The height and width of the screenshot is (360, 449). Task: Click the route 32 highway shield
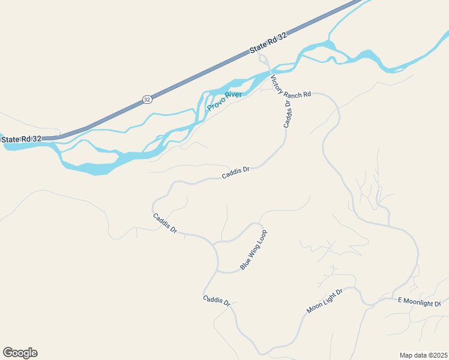[147, 100]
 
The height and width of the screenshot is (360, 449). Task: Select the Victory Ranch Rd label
[291, 87]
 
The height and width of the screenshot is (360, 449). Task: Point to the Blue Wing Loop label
[253, 250]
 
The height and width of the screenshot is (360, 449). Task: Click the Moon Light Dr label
[324, 301]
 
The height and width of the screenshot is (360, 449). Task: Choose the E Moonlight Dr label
[419, 302]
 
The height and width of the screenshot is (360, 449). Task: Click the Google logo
[20, 352]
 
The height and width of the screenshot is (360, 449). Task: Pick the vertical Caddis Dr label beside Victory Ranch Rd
[288, 113]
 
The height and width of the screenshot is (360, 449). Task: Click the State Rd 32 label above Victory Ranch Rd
[268, 44]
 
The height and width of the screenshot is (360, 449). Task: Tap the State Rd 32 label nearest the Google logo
[22, 139]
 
